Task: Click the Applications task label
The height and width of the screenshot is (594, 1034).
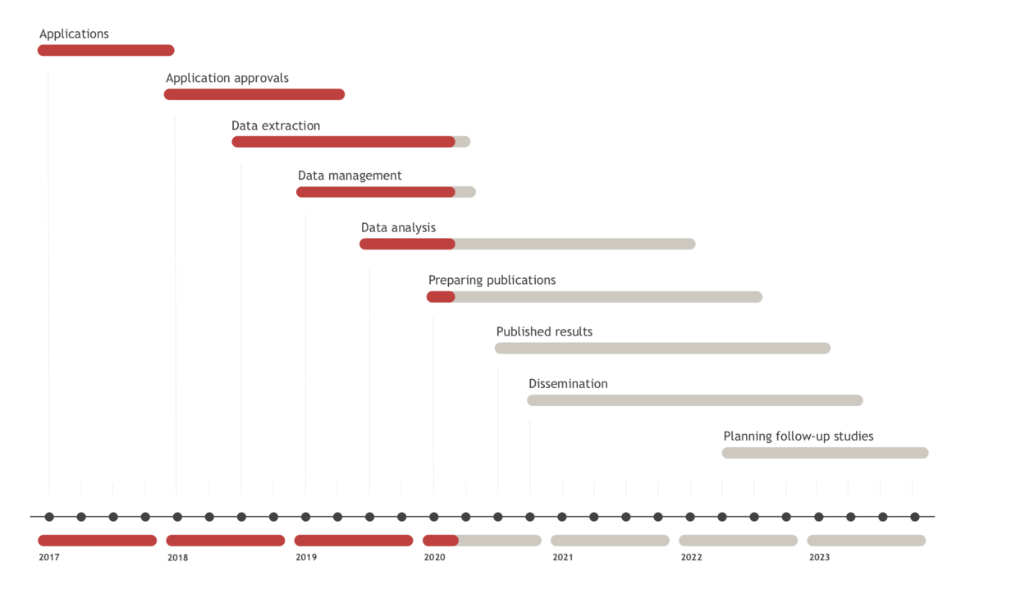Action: tap(74, 34)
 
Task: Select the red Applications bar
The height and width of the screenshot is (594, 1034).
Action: tap(106, 51)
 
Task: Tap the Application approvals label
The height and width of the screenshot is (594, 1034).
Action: tap(227, 78)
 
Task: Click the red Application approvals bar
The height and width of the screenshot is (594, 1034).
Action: tap(254, 94)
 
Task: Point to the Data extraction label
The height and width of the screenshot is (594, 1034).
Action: tap(276, 126)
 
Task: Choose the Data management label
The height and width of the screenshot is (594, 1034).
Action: tap(350, 176)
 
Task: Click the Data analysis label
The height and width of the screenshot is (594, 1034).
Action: tap(398, 227)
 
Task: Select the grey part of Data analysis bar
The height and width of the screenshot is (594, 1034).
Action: tap(574, 244)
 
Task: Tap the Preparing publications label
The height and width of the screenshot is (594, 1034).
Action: tap(492, 280)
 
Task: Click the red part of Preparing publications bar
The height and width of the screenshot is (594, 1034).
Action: tap(441, 297)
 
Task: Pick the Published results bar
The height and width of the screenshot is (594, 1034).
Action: tap(662, 349)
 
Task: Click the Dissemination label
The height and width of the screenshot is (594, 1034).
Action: tap(568, 383)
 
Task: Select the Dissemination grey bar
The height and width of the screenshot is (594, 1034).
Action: tap(694, 400)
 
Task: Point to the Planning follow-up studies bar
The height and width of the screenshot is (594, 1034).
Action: tap(825, 453)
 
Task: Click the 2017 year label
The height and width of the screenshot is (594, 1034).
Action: tap(49, 558)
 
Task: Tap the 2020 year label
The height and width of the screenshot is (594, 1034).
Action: tap(434, 558)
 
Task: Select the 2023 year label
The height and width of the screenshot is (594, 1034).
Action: tap(819, 558)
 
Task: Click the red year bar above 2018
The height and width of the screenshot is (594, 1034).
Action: tap(226, 541)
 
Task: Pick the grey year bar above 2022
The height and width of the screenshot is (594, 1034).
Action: tap(738, 541)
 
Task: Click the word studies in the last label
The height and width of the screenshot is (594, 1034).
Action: tap(853, 436)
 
